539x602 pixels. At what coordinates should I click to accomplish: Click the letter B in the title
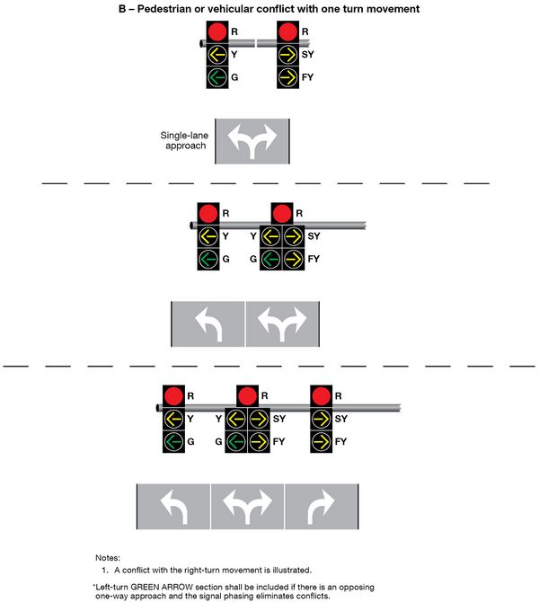pyautogui.click(x=122, y=9)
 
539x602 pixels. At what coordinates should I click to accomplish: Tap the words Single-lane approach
pyautogui.click(x=184, y=140)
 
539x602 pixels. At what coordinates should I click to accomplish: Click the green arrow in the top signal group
pyautogui.click(x=217, y=77)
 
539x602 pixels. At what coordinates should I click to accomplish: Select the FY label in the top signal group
pyautogui.click(x=307, y=77)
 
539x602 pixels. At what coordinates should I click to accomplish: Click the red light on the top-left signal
pyautogui.click(x=217, y=31)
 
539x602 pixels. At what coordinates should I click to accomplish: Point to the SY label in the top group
pyautogui.click(x=307, y=54)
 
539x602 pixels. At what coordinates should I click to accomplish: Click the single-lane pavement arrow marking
pyautogui.click(x=252, y=140)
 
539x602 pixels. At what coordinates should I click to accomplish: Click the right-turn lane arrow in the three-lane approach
pyautogui.click(x=322, y=507)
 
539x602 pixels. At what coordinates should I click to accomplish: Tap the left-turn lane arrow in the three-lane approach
pyautogui.click(x=174, y=507)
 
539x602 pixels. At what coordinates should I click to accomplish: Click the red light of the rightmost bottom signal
pyautogui.click(x=321, y=396)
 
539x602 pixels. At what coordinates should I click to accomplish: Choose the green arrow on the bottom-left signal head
pyautogui.click(x=173, y=441)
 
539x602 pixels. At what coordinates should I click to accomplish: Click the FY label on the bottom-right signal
pyautogui.click(x=340, y=441)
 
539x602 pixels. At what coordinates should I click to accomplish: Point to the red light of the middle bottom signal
pyautogui.click(x=247, y=396)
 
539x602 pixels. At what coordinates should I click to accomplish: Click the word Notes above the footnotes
pyautogui.click(x=108, y=558)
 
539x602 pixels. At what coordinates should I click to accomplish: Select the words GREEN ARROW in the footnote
pyautogui.click(x=157, y=587)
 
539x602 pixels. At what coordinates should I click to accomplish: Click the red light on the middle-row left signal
pyautogui.click(x=208, y=214)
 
